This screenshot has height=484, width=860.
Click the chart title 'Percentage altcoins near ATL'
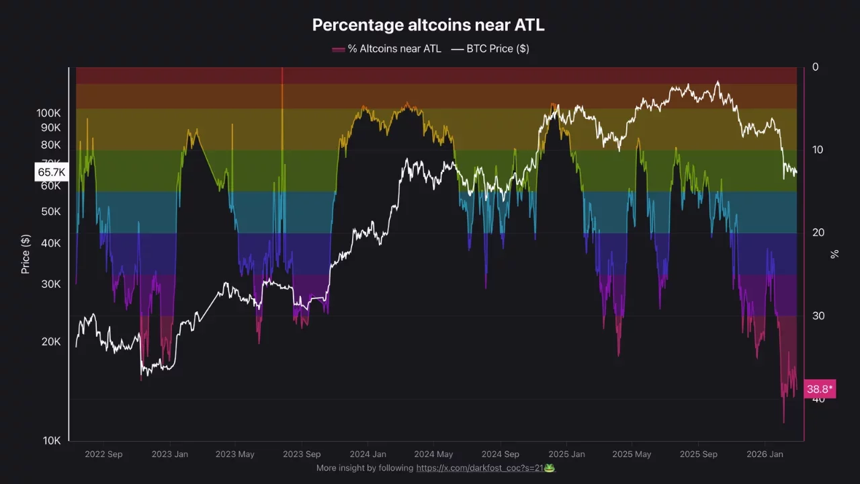(x=428, y=25)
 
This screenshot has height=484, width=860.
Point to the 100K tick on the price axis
(x=49, y=113)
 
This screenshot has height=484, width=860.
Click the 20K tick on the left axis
(x=51, y=341)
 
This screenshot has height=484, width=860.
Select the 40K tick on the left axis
(x=51, y=243)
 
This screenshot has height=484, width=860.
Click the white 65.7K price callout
(x=51, y=173)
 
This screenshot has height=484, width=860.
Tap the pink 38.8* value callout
(x=820, y=389)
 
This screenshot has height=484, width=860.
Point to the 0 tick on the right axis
(x=816, y=67)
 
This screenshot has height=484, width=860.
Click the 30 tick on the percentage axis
(x=818, y=316)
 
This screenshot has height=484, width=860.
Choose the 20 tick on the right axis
(x=818, y=233)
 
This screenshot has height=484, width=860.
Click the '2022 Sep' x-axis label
(x=103, y=454)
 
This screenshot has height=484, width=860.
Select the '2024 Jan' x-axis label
(x=368, y=454)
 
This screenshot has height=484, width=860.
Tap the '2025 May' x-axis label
(x=631, y=454)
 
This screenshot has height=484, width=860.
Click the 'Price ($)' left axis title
(x=26, y=254)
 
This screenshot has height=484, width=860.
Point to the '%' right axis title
(x=835, y=254)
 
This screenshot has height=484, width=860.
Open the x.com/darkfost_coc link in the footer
(x=480, y=468)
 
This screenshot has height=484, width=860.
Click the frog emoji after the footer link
(x=550, y=468)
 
